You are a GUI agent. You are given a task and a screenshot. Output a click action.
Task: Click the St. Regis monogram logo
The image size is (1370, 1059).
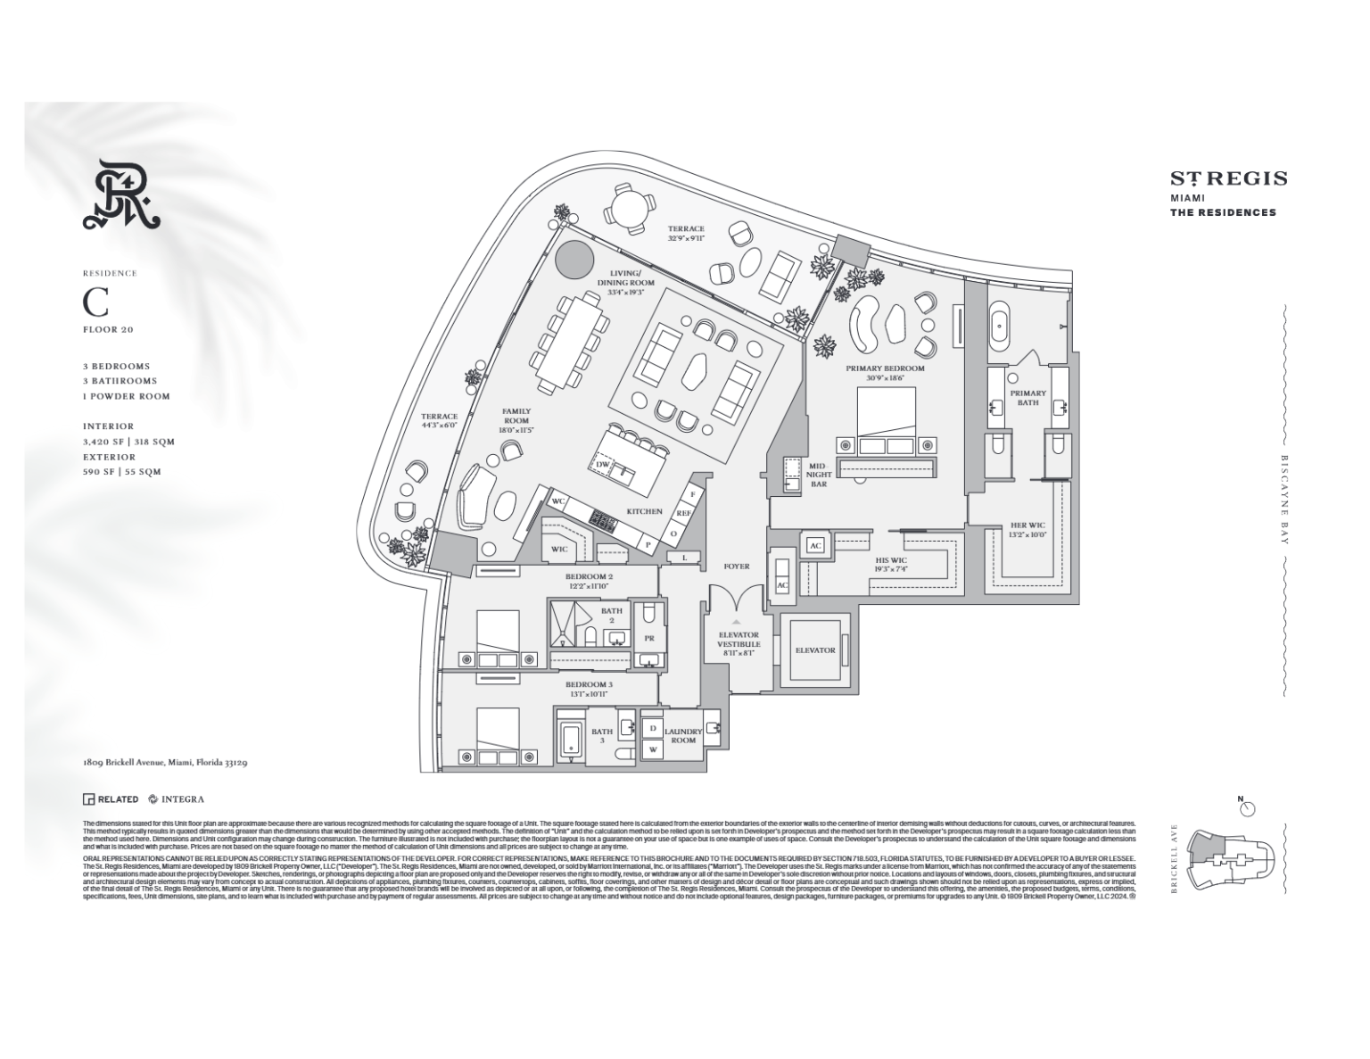[120, 194]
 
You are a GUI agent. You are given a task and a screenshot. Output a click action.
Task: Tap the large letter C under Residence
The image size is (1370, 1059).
[95, 303]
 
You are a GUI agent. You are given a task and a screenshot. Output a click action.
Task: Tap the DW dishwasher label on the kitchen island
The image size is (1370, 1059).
[603, 464]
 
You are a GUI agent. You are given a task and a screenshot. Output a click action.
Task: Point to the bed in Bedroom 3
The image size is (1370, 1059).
[497, 737]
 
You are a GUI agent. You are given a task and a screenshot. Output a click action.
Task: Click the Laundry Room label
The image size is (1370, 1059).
[683, 735]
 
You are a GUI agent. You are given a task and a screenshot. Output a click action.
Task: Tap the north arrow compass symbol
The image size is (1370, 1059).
[1247, 807]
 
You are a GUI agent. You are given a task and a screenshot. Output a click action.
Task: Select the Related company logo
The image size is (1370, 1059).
[111, 799]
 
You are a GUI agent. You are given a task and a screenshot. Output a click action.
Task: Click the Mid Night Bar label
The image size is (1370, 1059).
[818, 475]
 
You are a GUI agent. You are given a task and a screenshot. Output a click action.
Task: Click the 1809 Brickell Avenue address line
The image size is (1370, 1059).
[164, 763]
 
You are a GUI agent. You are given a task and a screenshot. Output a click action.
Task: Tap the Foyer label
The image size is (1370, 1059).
[737, 567]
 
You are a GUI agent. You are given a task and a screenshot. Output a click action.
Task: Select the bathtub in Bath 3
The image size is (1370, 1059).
[572, 740]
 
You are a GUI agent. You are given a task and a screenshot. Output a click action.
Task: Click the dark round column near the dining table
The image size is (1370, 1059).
[574, 260]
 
